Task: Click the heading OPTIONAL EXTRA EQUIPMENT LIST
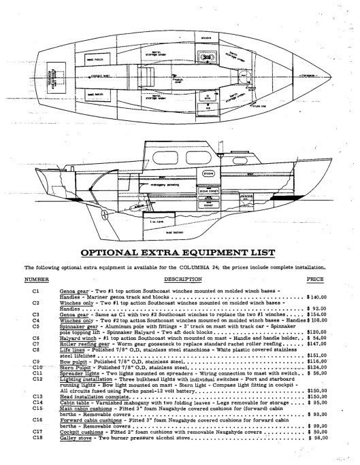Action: click(180, 254)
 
